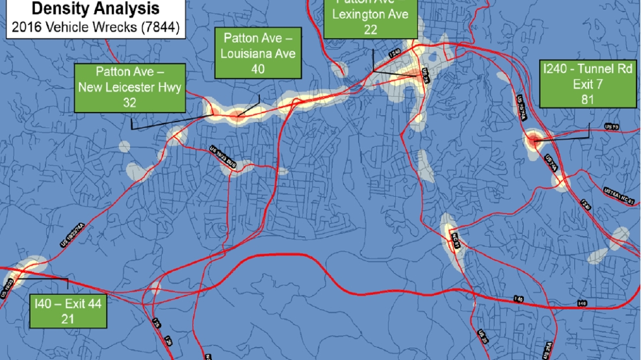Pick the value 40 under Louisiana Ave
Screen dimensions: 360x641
click(258, 69)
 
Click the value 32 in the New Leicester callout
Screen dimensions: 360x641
click(129, 102)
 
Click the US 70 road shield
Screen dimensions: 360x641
click(611, 126)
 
